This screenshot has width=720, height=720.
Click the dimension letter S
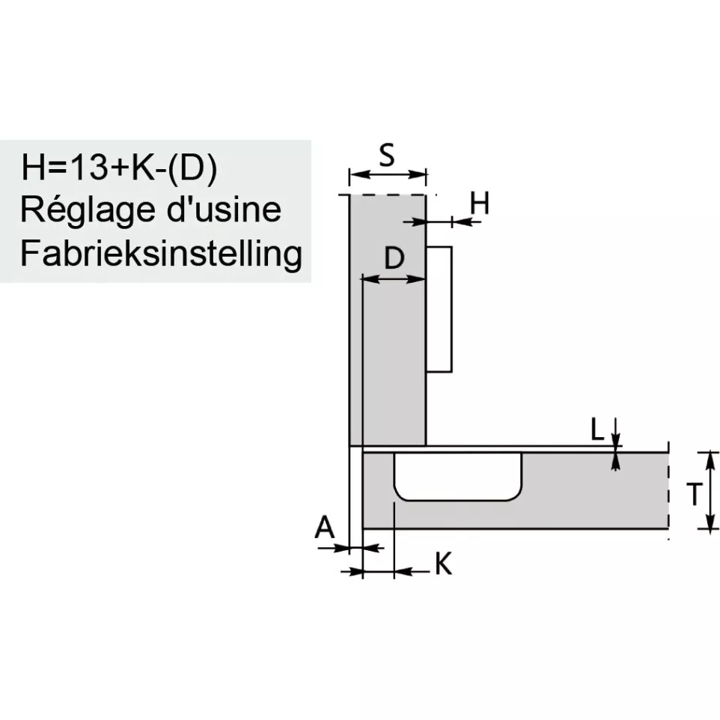tap(387, 155)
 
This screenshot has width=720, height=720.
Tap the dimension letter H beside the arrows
tap(480, 203)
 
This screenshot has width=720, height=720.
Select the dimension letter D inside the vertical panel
tap(394, 257)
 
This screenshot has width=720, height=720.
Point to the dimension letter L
tap(597, 430)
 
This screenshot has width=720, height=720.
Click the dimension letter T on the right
tap(695, 494)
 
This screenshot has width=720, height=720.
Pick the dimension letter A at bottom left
tap(325, 527)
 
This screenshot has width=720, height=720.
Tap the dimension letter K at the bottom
tap(444, 564)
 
